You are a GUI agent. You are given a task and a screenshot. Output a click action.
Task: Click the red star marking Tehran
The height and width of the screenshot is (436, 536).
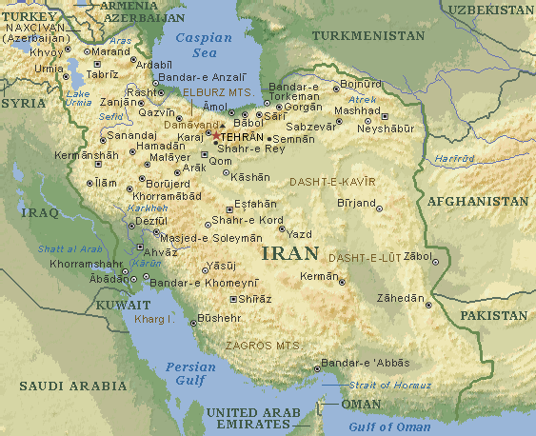pyautogui.click(x=215, y=136)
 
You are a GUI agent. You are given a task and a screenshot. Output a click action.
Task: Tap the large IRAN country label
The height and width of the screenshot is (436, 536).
pyautogui.click(x=285, y=254)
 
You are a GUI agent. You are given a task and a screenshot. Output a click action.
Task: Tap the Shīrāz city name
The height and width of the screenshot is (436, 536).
pyautogui.click(x=254, y=299)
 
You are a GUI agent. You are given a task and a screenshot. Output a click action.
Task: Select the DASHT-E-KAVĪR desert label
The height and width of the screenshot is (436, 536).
pyautogui.click(x=332, y=181)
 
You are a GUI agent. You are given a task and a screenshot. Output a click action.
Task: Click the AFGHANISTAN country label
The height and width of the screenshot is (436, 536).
pyautogui.click(x=477, y=202)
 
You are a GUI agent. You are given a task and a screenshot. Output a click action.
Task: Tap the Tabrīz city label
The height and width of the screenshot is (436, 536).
pyautogui.click(x=102, y=73)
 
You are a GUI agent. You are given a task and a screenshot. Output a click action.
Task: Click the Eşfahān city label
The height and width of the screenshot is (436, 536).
pyautogui.click(x=256, y=204)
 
